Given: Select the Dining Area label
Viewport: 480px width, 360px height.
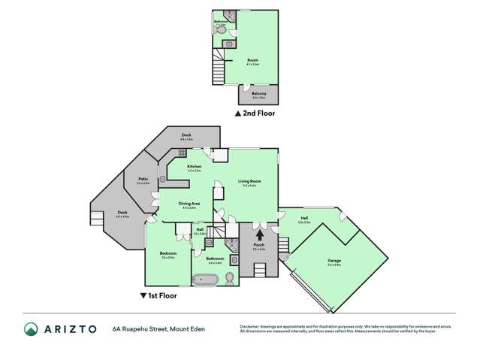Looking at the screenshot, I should click(189, 204).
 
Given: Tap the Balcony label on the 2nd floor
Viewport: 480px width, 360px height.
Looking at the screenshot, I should click(258, 95).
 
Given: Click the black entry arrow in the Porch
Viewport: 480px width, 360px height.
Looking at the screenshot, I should click(260, 235).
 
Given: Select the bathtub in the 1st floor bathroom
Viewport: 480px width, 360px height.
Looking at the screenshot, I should click(204, 280).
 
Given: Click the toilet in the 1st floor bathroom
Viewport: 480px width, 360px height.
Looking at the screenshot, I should click(229, 278).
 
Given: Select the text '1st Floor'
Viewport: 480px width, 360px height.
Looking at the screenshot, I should click(155, 296).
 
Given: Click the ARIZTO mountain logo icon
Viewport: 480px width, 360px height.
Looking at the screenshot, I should click(31, 328).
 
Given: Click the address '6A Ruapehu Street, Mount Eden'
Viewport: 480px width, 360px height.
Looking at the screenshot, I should click(158, 328).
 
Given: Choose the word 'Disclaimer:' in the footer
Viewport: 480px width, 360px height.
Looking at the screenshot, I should click(251, 325).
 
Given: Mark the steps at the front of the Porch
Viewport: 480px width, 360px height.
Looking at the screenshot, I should click(283, 245).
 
